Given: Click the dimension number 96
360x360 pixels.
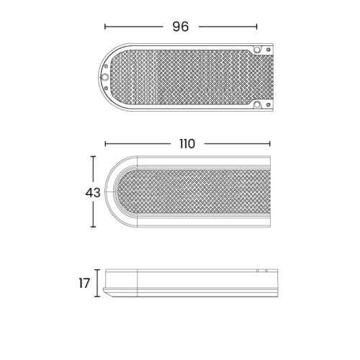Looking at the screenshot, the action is (x=181, y=27).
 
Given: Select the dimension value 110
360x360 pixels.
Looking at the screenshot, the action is (x=187, y=144).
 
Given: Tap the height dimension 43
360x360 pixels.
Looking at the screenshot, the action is (x=93, y=193).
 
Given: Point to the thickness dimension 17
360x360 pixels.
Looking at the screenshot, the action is (x=84, y=283).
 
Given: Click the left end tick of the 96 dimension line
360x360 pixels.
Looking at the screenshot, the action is (x=105, y=27).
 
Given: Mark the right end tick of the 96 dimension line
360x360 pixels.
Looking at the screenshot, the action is (x=256, y=27).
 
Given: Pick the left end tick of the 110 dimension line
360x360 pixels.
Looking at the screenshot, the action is (x=105, y=144).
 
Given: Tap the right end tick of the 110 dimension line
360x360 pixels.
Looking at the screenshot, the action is (x=270, y=144).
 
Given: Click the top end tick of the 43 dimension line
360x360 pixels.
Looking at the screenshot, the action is (x=93, y=156).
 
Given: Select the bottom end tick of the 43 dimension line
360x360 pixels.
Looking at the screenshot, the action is (x=93, y=227).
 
